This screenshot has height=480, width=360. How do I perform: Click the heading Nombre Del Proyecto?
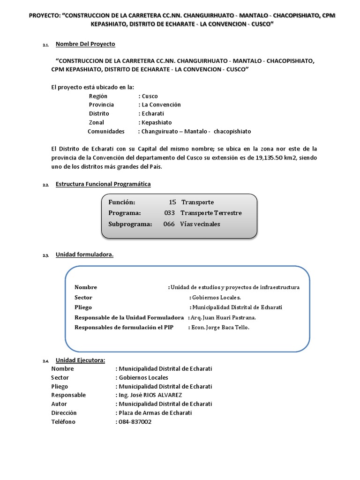pyautogui.click(x=85, y=44)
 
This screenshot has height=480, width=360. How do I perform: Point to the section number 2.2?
pyautogui.click(x=45, y=185)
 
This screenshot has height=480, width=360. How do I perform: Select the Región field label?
pyautogui.click(x=98, y=96)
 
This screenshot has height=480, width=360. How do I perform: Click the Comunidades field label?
pyautogui.click(x=106, y=131)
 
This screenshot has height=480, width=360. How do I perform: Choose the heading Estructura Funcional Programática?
pyautogui.click(x=103, y=184)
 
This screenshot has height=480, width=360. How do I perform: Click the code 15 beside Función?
pyautogui.click(x=172, y=202)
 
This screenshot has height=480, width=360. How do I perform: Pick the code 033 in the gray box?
pyautogui.click(x=169, y=213)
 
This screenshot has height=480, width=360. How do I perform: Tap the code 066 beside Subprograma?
pyautogui.click(x=169, y=224)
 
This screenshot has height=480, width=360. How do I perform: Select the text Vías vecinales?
pyautogui.click(x=200, y=224)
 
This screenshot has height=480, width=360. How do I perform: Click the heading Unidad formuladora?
pyautogui.click(x=84, y=255)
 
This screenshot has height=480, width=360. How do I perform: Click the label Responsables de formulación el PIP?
pyautogui.click(x=124, y=328)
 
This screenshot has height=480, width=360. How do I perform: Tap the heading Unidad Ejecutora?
pyautogui.click(x=80, y=360)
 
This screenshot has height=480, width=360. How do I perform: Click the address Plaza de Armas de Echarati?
pyautogui.click(x=155, y=413)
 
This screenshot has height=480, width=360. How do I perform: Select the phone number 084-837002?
pyautogui.click(x=135, y=422)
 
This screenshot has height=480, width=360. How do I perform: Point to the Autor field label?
pyautogui.click(x=59, y=404)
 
